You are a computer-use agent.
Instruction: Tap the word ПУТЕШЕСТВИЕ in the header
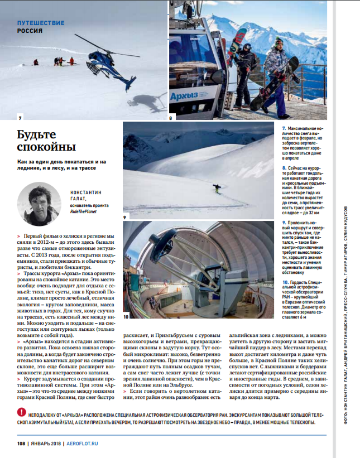(x=41, y=23)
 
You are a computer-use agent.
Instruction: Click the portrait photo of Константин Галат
(x=39, y=204)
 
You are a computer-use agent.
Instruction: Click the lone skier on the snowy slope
(x=217, y=189)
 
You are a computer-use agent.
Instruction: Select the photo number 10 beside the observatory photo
(x=126, y=317)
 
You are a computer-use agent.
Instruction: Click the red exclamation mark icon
(x=21, y=412)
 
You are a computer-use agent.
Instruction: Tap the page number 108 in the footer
(x=22, y=444)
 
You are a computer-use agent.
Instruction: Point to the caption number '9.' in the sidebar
(x=284, y=222)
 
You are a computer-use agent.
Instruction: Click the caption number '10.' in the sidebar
(x=285, y=283)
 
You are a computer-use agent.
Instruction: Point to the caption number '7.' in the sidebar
(x=284, y=128)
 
